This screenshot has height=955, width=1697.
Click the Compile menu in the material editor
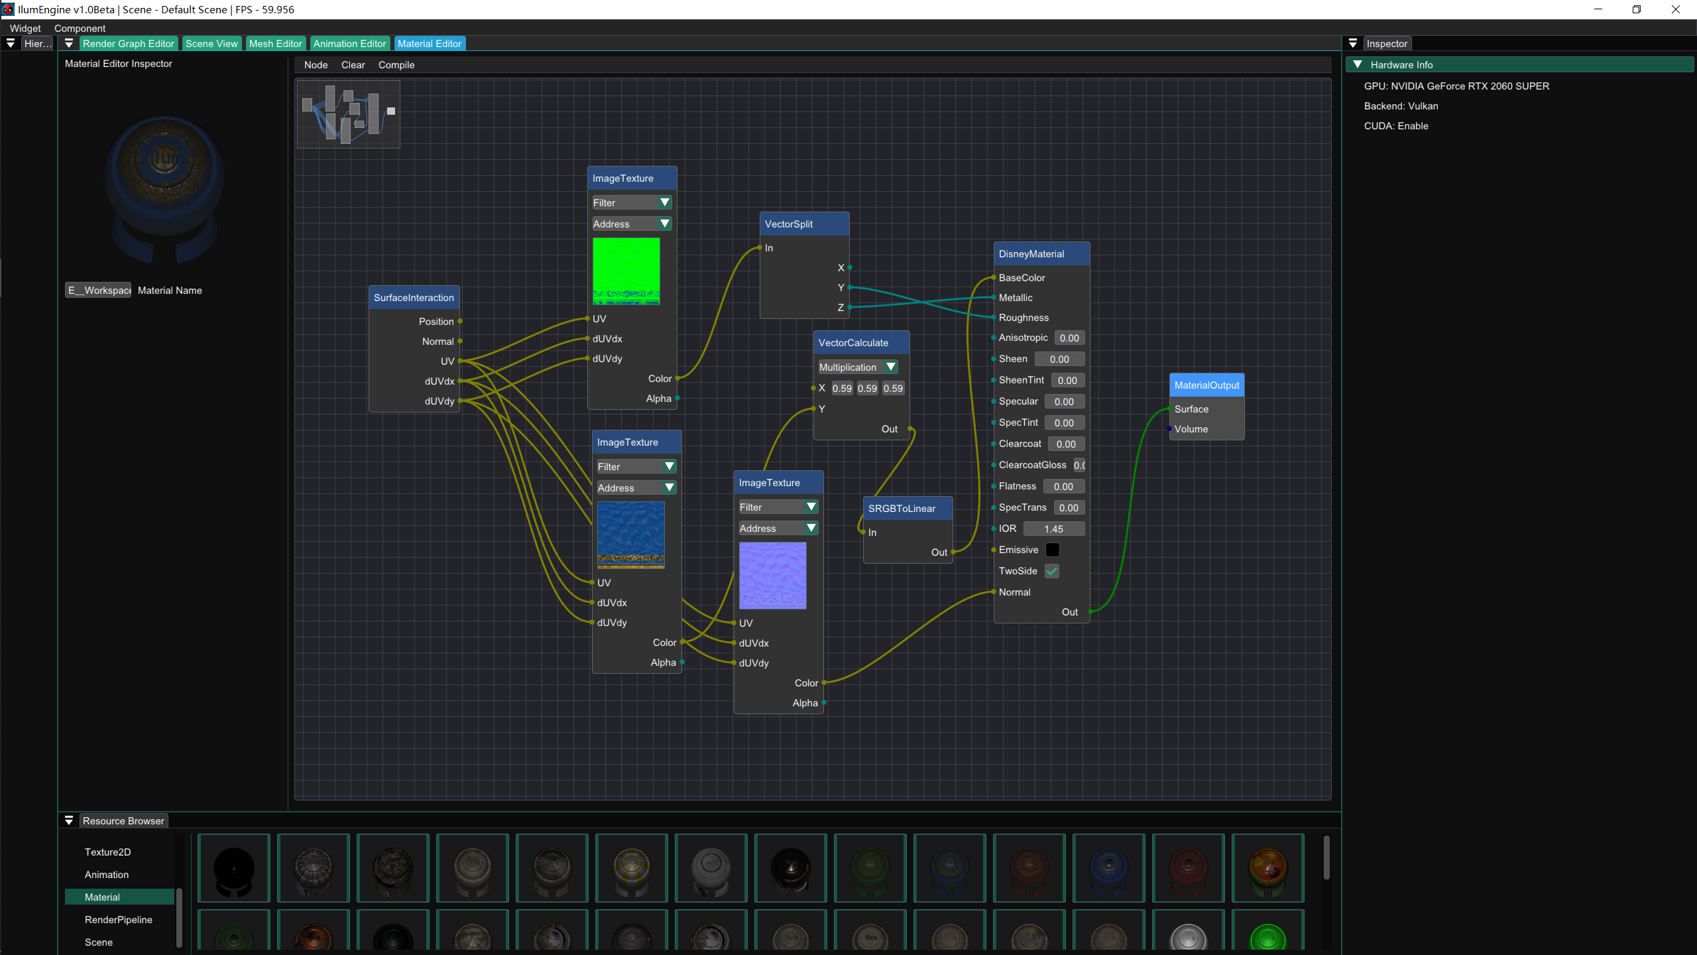click(396, 65)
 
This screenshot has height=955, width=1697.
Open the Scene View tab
click(211, 44)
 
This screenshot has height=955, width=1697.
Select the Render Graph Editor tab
click(129, 44)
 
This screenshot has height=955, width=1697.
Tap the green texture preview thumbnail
click(626, 271)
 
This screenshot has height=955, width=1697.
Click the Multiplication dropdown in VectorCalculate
click(858, 367)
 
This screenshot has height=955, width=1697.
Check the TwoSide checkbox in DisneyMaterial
click(1052, 571)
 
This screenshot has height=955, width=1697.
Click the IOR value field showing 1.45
click(1054, 529)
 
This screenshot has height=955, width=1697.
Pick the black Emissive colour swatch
click(1053, 550)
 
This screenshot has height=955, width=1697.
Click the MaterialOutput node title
click(1206, 385)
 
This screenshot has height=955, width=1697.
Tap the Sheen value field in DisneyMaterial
click(1059, 359)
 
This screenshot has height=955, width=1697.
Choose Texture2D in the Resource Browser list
click(108, 852)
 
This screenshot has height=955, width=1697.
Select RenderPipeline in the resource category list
click(119, 920)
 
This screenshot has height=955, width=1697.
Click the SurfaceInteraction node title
click(414, 298)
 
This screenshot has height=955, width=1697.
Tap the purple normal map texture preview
click(773, 576)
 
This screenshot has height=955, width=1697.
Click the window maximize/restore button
click(1637, 9)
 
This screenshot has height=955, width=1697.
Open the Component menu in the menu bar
click(80, 29)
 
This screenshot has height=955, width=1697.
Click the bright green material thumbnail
click(1267, 935)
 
